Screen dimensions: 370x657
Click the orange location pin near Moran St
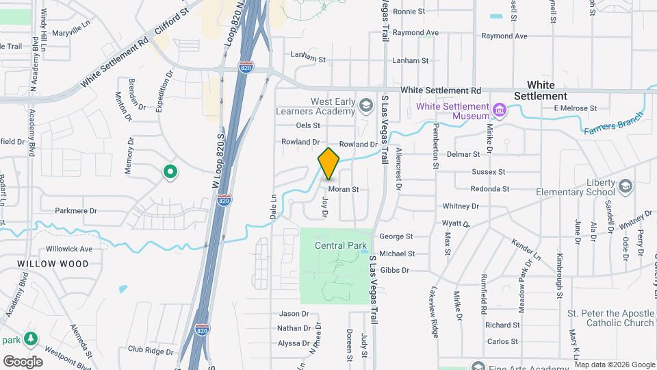(x=328, y=163)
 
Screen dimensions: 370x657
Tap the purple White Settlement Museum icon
(x=500, y=110)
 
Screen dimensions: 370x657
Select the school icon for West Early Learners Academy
(x=366, y=105)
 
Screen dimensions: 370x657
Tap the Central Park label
(x=340, y=245)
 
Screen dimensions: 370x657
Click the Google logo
(x=23, y=362)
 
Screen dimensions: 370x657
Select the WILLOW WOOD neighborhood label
(x=53, y=264)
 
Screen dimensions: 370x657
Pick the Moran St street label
(x=343, y=189)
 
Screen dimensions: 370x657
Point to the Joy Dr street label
(x=325, y=206)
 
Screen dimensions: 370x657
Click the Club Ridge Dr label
(x=151, y=351)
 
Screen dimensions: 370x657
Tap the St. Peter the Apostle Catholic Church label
(x=610, y=318)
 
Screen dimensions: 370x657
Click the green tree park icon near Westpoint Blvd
(x=31, y=339)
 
